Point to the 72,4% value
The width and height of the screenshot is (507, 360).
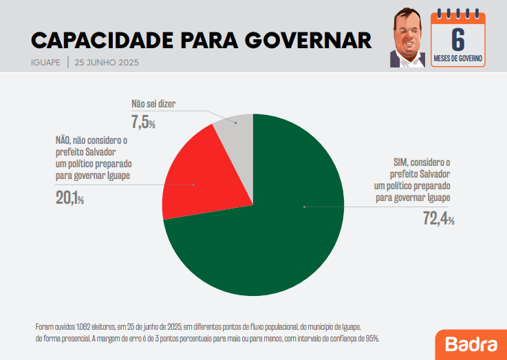438,218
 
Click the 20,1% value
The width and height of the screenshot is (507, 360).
69,199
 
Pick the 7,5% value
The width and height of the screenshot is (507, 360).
143,123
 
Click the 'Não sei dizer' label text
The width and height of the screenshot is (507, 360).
153,105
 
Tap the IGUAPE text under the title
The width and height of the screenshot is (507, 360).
46,63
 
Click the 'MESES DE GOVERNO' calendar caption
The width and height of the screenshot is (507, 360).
458,59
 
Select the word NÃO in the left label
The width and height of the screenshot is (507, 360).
64,140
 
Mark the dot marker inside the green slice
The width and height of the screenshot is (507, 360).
303,207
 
